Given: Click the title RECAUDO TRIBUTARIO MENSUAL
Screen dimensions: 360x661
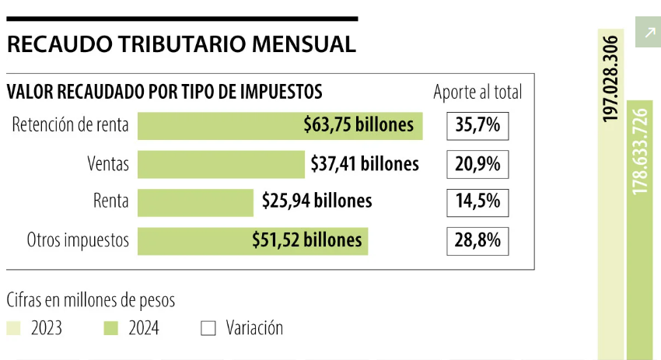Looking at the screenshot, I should coord(181,44).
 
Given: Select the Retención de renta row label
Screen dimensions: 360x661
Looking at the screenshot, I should coord(71,125).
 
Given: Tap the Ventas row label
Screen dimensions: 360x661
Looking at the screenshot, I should coord(108,163).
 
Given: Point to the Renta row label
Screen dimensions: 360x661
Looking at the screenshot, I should coord(110,201).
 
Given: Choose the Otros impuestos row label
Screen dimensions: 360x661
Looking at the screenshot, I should coord(78,239).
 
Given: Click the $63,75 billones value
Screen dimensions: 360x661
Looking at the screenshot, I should coord(358,124).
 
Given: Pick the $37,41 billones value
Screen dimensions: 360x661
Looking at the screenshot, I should coord(364,163).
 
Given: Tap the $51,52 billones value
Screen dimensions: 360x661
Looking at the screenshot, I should coord(307,239).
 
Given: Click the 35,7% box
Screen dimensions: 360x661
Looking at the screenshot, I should coord(477,125).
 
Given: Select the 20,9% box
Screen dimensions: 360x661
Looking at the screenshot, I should coord(477,163).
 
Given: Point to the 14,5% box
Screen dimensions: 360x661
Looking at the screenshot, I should coord(477,201).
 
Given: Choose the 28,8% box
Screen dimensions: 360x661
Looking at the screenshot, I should coord(477,239).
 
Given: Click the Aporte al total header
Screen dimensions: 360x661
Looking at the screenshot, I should coord(477,93).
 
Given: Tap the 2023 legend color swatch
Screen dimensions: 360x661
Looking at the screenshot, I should coord(13,329).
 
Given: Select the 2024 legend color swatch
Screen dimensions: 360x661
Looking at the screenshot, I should coord(110,329).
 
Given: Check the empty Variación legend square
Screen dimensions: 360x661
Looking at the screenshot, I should coord(208,329).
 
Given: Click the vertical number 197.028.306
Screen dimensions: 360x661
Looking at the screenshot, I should coord(610,78).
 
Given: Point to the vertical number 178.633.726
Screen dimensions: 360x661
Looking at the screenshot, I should coord(640,152).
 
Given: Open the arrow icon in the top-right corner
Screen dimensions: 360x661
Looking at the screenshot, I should coord(648,33).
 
